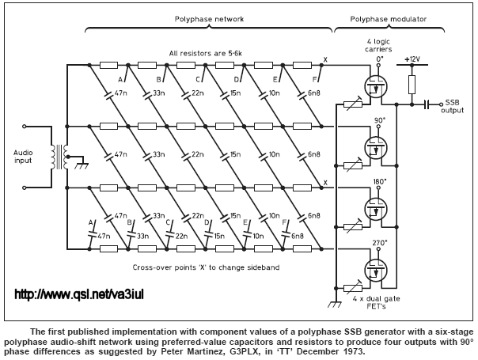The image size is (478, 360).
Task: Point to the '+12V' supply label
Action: click(412, 59)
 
